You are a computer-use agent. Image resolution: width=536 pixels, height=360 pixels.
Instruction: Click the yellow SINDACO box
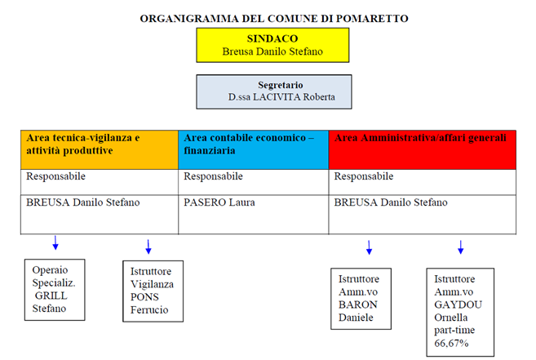click(272, 45)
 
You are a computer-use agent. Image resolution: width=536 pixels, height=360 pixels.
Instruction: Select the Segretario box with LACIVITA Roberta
click(274, 91)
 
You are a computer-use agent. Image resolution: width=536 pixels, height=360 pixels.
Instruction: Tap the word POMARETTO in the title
click(372, 19)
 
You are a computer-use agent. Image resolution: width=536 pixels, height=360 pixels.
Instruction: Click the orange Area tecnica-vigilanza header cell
click(100, 149)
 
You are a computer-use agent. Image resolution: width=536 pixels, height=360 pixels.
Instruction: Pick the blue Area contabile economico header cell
click(253, 149)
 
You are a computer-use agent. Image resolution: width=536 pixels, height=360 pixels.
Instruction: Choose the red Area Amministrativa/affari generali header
click(422, 149)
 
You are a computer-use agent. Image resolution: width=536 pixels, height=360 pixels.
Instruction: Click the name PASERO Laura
click(219, 202)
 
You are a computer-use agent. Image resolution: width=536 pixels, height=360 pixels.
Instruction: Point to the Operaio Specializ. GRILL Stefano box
click(55, 290)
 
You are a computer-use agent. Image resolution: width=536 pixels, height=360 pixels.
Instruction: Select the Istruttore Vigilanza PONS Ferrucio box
click(153, 291)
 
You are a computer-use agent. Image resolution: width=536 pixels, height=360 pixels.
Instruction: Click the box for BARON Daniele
click(361, 299)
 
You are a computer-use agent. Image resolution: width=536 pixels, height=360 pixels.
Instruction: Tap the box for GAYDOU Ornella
click(460, 312)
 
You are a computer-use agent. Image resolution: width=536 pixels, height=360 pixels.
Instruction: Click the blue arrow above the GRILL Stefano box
click(55, 242)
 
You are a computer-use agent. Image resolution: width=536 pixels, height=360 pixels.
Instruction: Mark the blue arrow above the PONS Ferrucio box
click(148, 247)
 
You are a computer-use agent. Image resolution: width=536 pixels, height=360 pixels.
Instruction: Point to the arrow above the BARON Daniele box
click(369, 247)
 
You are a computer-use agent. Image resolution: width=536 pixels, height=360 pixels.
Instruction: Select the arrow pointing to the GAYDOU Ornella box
click(460, 247)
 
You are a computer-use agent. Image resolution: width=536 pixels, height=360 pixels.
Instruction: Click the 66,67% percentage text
click(451, 343)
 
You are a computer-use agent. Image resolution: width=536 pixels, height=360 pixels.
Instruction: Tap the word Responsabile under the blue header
click(213, 176)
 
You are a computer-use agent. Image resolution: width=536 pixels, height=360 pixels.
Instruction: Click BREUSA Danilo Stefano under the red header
click(391, 202)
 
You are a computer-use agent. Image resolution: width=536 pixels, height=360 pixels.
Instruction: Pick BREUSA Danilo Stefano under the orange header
click(83, 202)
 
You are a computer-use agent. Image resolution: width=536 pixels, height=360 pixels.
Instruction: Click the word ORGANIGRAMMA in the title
click(189, 19)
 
